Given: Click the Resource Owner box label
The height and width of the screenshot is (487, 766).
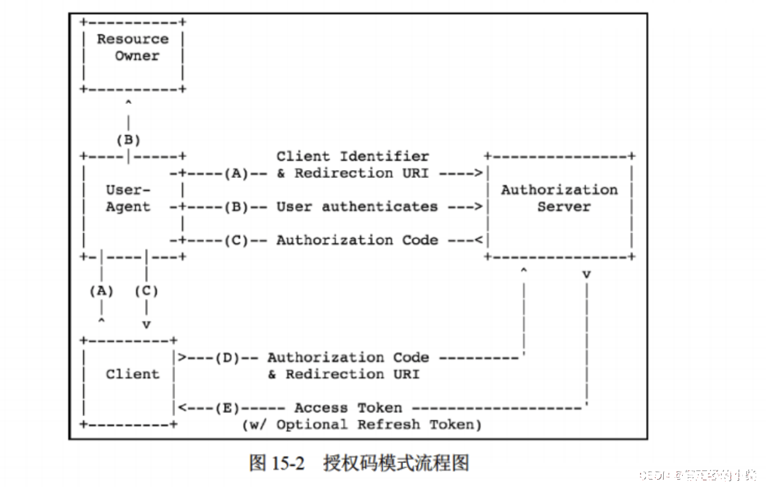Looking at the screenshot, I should pos(132,47).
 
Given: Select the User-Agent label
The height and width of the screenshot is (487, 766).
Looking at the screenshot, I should pos(128,198).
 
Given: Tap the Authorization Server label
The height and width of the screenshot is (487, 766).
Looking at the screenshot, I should pos(559,198).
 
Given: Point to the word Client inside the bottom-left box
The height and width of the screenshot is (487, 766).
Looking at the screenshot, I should pos(132,374).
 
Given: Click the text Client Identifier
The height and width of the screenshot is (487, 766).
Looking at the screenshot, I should pos(352,157).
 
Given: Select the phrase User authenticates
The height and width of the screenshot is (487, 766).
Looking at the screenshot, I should pos(357,207).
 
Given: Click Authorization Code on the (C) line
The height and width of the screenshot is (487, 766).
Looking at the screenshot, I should pos(357,240).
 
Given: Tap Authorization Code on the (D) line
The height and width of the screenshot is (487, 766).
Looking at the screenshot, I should pos(348,357).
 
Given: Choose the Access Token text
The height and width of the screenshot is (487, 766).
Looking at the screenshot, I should pos(348,408).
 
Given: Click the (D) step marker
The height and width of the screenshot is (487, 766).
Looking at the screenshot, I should pos(227,357).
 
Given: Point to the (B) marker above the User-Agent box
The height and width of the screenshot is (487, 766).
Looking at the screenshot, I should pos(128,140).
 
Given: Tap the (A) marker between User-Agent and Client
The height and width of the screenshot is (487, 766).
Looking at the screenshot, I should pos(102,291).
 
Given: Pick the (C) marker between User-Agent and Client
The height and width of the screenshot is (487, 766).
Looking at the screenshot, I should pos(146,291).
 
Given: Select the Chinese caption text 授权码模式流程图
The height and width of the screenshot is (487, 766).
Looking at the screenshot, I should pos(396,463).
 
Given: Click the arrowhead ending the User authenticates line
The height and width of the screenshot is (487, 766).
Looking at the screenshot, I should pos(478,207).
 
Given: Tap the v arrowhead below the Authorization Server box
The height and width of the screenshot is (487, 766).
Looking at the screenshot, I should pos(586,275).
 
